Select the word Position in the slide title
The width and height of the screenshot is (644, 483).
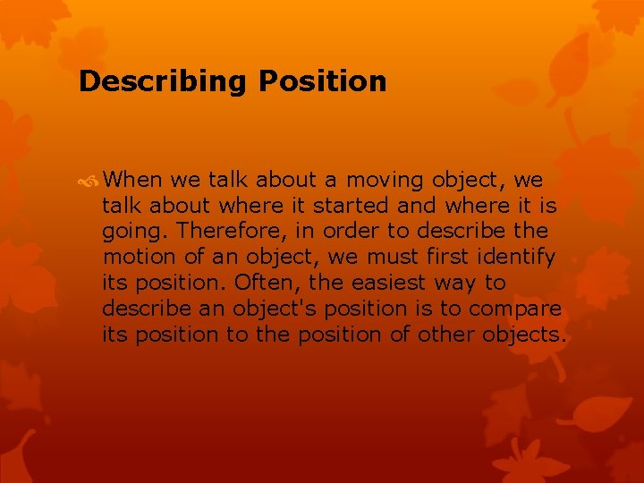322,81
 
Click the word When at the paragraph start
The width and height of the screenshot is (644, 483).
132,180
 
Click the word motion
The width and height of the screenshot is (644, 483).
135,257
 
